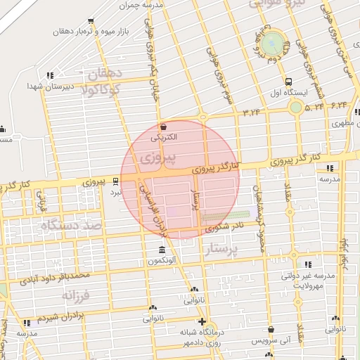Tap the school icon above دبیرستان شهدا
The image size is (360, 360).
point(49,75)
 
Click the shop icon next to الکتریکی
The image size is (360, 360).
point(164,127)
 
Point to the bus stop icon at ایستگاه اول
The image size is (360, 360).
point(289,80)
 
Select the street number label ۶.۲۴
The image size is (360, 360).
point(339,105)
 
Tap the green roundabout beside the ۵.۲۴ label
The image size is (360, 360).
point(296,108)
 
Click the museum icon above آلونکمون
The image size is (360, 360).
point(162,251)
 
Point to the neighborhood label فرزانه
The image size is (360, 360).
point(77,295)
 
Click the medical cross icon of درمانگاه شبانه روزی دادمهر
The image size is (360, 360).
point(202,321)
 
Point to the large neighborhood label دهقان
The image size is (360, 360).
point(105,74)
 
